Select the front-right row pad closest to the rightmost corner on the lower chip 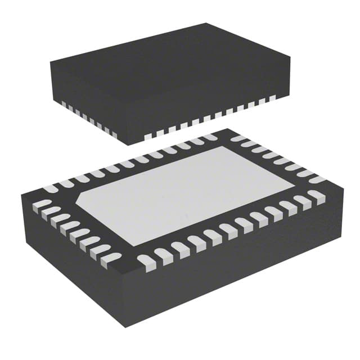click(x=316, y=196)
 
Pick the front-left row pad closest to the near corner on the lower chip click(x=111, y=258)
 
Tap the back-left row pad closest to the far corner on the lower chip click(x=209, y=137)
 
